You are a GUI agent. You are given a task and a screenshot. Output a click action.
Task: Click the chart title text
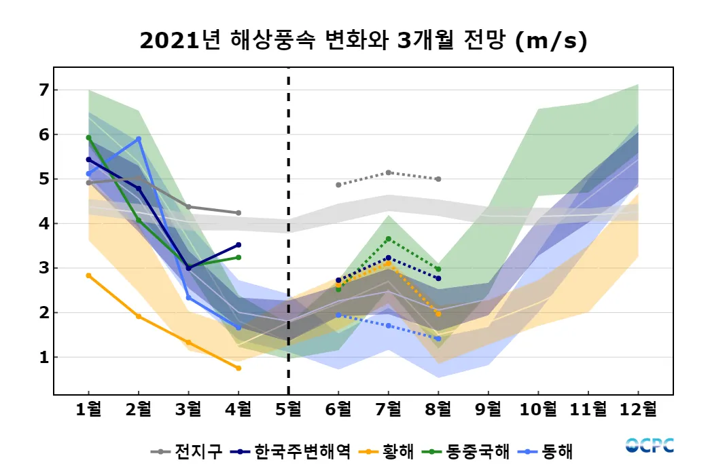tap(363, 41)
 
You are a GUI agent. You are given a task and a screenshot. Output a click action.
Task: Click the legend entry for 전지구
tap(188, 451)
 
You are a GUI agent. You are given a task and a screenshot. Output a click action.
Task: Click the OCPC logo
tap(650, 446)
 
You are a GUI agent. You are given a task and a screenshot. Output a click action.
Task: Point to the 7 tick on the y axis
tap(45, 90)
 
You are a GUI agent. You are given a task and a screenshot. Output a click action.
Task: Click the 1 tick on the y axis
tap(45, 357)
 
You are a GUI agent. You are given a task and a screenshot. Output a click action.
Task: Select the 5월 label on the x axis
tap(289, 409)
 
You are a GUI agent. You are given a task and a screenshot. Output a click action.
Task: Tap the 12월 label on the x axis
tap(639, 409)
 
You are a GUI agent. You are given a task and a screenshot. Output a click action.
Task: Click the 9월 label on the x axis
tap(489, 409)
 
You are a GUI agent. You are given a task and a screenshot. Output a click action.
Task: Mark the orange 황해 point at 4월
tap(238, 368)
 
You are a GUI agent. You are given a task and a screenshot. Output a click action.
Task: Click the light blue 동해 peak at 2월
tap(139, 139)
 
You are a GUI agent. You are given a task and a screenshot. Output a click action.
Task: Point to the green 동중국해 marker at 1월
tap(88, 137)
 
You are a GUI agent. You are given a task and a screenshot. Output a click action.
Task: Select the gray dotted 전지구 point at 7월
tap(388, 172)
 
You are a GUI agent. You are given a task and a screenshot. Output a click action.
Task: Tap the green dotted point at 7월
tap(388, 239)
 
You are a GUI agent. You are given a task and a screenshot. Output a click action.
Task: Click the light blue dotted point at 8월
tap(438, 339)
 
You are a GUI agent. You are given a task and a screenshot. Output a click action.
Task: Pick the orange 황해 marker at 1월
tap(88, 275)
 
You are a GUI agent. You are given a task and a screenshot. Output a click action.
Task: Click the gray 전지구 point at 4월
tap(238, 213)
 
